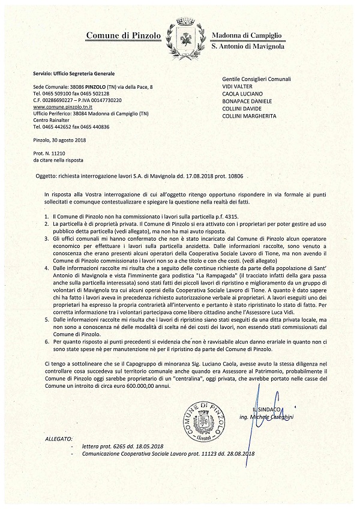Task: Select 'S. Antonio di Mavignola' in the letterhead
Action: [248, 47]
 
